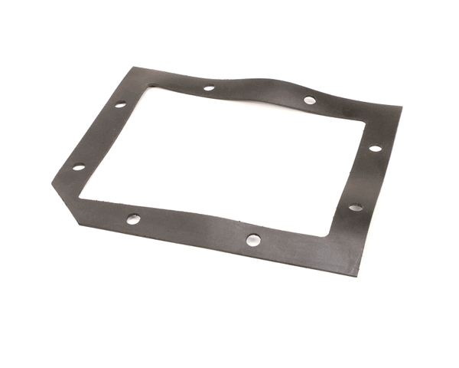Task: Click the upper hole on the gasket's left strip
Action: pyautogui.click(x=120, y=104)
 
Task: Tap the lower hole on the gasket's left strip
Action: pyautogui.click(x=78, y=167)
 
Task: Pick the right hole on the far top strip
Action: pyautogui.click(x=309, y=100)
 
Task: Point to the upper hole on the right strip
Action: pyautogui.click(x=375, y=148)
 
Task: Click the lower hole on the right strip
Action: pyautogui.click(x=355, y=206)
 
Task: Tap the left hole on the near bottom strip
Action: pyautogui.click(x=133, y=219)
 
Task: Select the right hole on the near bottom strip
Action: pyautogui.click(x=253, y=240)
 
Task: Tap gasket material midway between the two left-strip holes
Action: pyautogui.click(x=99, y=136)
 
